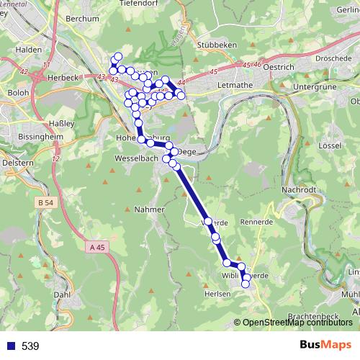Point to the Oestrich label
click(277, 67)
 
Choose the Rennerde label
click(258, 222)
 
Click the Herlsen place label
click(217, 293)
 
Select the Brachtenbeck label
click(312, 317)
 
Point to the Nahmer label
click(150, 209)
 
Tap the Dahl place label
click(62, 294)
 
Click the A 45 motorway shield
click(100, 246)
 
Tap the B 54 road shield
click(44, 204)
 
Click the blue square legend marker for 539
click(9, 346)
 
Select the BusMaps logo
click(325, 345)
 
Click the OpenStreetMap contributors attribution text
click(298, 323)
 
